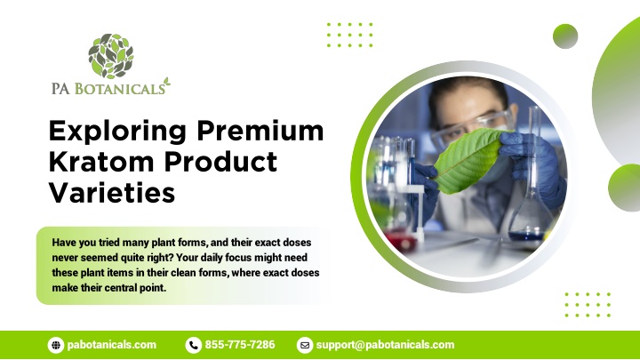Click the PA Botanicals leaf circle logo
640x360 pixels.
[x=111, y=56]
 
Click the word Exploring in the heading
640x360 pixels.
[x=117, y=132]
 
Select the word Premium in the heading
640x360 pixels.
[x=260, y=131]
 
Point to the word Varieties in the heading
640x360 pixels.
[x=112, y=192]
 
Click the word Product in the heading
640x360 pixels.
[x=220, y=161]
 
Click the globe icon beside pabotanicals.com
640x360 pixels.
[x=56, y=345]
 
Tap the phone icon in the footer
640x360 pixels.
[x=194, y=345]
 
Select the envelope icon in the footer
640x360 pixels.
[x=305, y=345]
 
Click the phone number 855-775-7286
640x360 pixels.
[x=240, y=345]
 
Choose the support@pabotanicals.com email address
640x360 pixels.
[x=385, y=345]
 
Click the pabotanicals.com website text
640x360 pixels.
[x=112, y=345]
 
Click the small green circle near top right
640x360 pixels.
[x=565, y=36]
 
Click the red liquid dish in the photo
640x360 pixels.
[x=400, y=240]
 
